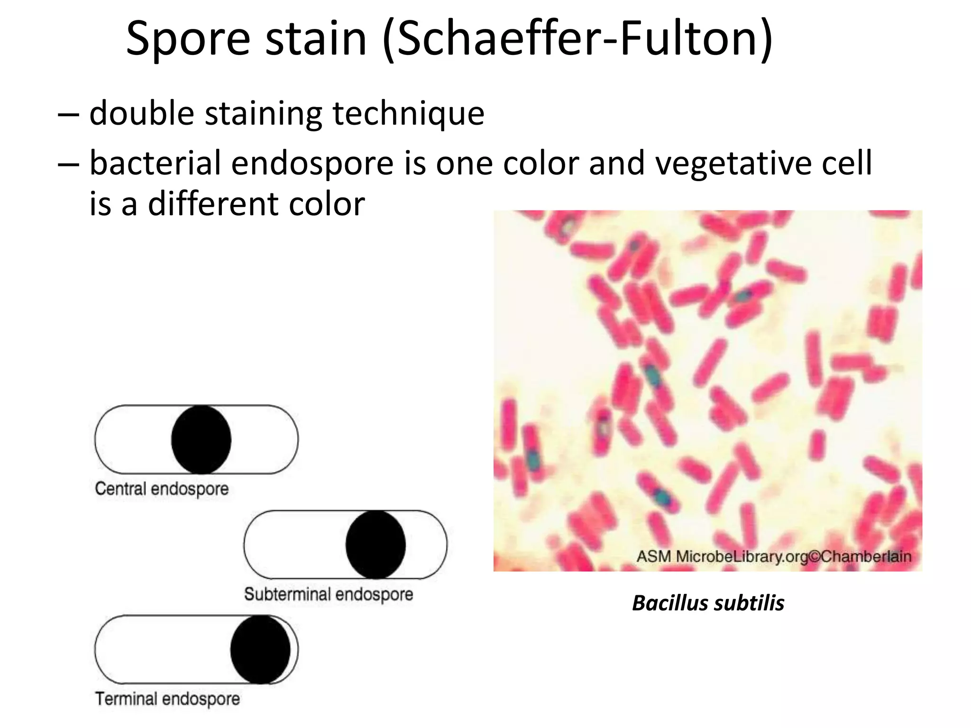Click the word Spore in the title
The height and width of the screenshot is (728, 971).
coord(188,39)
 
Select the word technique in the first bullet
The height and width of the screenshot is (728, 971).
coord(408,114)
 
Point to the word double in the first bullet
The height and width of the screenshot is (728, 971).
coord(142,114)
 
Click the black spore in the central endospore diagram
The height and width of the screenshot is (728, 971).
coord(201,439)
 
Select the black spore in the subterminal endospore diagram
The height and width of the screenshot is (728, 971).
coord(376,545)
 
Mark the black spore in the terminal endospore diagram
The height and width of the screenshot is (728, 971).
coord(260,649)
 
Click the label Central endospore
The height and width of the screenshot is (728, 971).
coord(162,489)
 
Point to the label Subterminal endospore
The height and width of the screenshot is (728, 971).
coord(329,594)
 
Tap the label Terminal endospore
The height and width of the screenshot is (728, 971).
coord(167,699)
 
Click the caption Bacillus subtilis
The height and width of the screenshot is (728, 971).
coord(708,603)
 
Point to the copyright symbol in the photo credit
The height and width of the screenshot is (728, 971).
coord(814,556)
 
